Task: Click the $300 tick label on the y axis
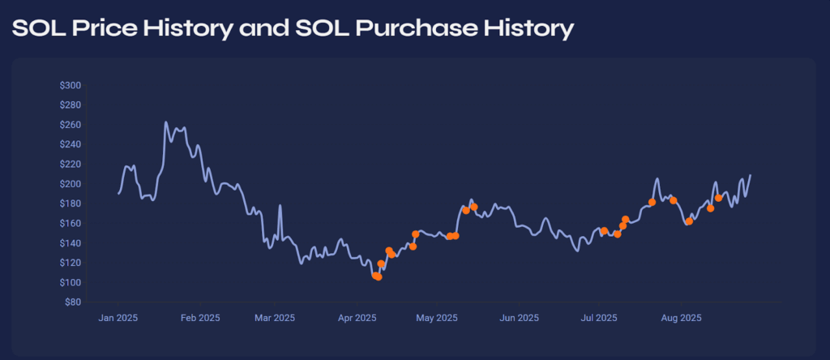pos(70,85)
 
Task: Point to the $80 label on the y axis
pos(71,302)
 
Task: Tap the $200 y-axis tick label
pos(70,184)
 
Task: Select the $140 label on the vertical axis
pos(70,243)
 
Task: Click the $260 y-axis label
pos(70,125)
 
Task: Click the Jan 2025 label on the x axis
pos(118,318)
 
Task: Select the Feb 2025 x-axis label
pos(199,318)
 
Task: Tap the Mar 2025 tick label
pos(274,318)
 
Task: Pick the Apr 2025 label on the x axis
pos(357,318)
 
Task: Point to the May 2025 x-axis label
pos(437,318)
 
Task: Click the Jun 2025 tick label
pos(519,318)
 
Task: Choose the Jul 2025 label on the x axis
pos(599,318)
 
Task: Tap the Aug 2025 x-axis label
pos(681,318)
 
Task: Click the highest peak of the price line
pos(165,122)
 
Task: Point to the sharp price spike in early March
pos(280,206)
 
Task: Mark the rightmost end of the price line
pos(750,175)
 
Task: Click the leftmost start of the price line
pos(118,193)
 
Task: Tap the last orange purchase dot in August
pos(718,198)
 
